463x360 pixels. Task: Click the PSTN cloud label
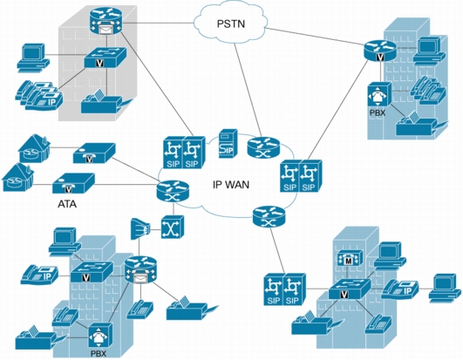pyautogui.click(x=231, y=24)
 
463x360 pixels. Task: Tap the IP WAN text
pyautogui.click(x=231, y=185)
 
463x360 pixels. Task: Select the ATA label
pyautogui.click(x=67, y=204)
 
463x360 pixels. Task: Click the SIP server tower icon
pyautogui.click(x=228, y=144)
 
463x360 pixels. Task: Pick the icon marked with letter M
pyautogui.click(x=350, y=258)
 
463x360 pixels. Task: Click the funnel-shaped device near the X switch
pyautogui.click(x=140, y=228)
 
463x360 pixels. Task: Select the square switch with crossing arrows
pyautogui.click(x=173, y=228)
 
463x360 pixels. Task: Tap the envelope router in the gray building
pyautogui.click(x=106, y=21)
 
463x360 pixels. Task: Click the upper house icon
pyautogui.click(x=34, y=148)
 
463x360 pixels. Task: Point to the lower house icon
pyautogui.click(x=17, y=177)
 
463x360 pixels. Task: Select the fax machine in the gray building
pyautogui.click(x=104, y=102)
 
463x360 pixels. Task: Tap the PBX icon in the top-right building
pyautogui.click(x=379, y=95)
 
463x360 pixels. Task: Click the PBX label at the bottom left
pyautogui.click(x=98, y=353)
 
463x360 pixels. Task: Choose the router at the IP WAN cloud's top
pyautogui.click(x=263, y=147)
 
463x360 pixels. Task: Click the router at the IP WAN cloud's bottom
pyautogui.click(x=269, y=217)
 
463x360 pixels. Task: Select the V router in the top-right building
pyautogui.click(x=380, y=51)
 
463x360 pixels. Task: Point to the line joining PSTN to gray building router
pyautogui.click(x=159, y=22)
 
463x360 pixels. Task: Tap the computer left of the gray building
pyautogui.click(x=33, y=58)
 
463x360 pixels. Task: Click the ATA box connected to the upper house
pyautogui.click(x=94, y=153)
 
